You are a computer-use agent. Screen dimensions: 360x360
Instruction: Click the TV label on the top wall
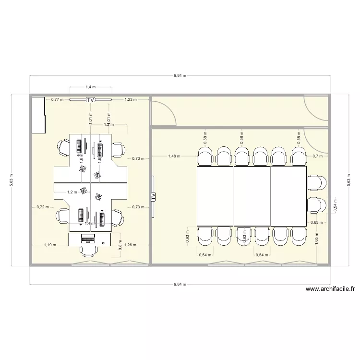[x=90, y=100]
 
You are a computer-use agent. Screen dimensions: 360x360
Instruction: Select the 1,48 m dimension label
[x=174, y=156]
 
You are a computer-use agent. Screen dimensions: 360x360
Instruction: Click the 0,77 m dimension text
[x=58, y=100]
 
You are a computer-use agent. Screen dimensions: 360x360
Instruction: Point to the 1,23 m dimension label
[x=130, y=100]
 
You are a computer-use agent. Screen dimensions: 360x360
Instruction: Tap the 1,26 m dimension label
[x=130, y=245]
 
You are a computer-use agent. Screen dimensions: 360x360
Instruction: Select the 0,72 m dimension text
[x=43, y=207]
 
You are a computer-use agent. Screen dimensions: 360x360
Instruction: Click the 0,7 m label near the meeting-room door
[x=317, y=156]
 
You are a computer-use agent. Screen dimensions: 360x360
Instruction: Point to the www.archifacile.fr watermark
[x=330, y=289]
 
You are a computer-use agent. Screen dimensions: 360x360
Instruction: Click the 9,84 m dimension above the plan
[x=180, y=76]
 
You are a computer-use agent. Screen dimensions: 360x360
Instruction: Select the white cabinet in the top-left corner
[x=39, y=115]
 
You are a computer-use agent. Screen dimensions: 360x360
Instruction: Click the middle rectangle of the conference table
[x=252, y=196]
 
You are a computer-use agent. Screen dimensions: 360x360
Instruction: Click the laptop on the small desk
[x=88, y=238]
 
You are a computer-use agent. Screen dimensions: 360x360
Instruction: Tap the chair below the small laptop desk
[x=88, y=250]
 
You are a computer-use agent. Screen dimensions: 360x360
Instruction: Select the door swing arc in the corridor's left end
[x=163, y=113]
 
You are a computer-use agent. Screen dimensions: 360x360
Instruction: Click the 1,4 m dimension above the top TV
[x=90, y=87]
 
